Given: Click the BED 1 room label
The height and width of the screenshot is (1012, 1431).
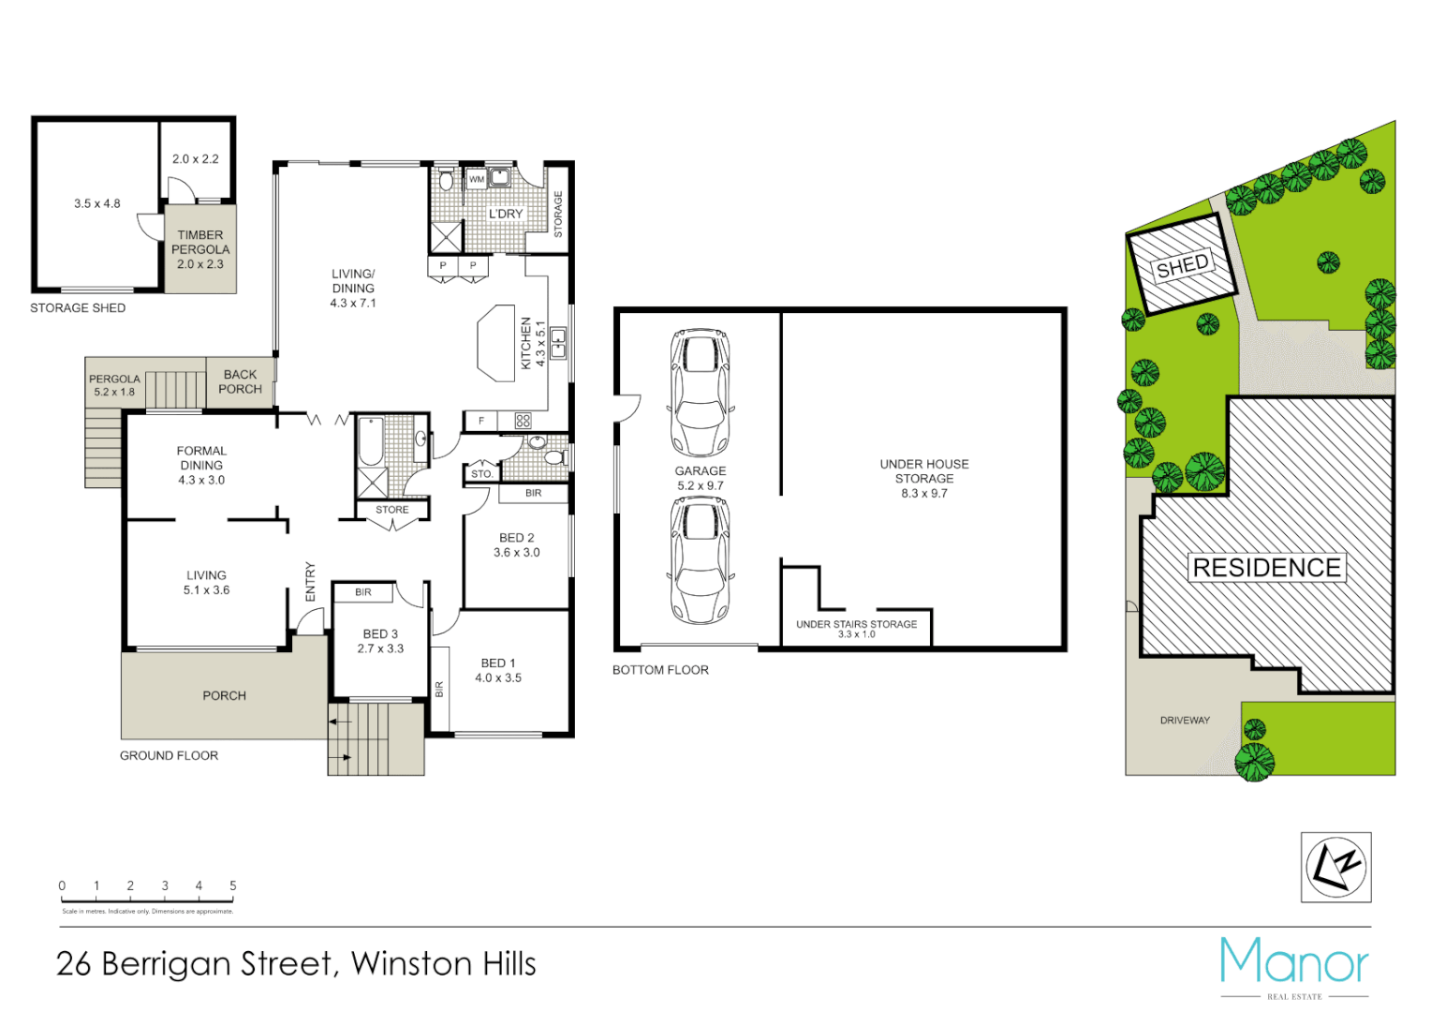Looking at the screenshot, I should [x=497, y=663].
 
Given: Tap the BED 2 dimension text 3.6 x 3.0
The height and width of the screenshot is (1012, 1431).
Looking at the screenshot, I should [x=516, y=553].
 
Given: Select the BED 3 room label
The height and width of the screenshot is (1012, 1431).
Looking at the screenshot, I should [x=380, y=634].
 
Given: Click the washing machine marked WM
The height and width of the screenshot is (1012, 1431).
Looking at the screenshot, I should [x=477, y=179].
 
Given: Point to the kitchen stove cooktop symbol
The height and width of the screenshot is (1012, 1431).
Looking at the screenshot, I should [x=523, y=421].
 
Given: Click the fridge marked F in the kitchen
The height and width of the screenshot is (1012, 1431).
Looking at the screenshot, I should [x=481, y=421].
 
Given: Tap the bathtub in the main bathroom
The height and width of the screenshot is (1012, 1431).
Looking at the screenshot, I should [x=371, y=441].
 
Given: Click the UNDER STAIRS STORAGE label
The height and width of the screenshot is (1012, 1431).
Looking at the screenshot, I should [x=856, y=624].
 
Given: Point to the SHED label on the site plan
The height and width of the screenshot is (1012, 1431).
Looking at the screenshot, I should [x=1182, y=266].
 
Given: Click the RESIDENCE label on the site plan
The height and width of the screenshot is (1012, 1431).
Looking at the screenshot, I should [x=1266, y=568].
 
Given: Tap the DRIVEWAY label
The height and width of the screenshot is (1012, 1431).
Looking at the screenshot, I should [x=1185, y=721].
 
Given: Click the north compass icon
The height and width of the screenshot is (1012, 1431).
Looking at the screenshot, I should [x=1335, y=868].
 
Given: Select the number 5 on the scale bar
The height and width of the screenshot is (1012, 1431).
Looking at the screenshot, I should [x=233, y=885].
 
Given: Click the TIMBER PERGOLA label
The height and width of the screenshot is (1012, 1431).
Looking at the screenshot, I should [x=200, y=242].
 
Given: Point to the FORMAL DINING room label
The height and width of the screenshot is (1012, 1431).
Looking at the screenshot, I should [x=201, y=458].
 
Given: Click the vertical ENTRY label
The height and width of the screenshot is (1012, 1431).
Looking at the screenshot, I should [x=310, y=582].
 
